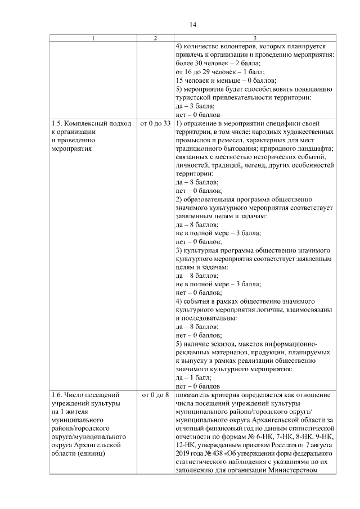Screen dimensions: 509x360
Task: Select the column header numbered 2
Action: tap(155, 38)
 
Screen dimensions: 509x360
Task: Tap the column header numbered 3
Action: tap(254, 38)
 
